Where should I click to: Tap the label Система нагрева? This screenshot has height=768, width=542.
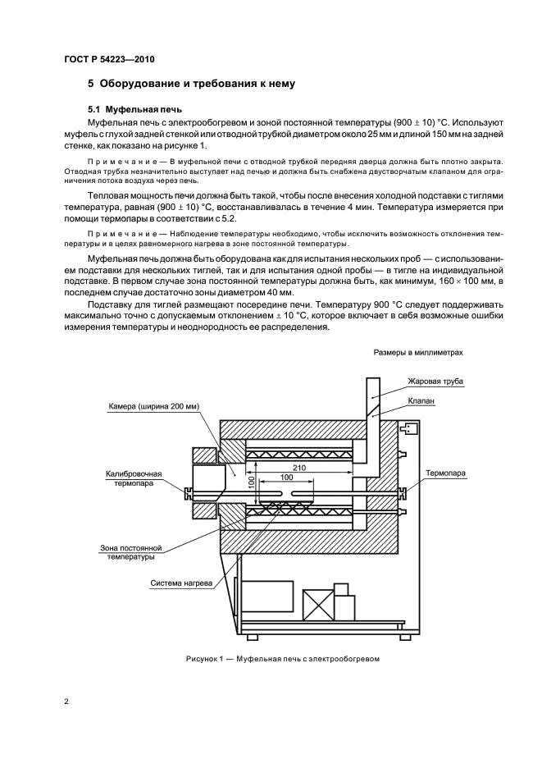point(181,584)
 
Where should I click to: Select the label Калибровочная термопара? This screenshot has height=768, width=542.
point(134,478)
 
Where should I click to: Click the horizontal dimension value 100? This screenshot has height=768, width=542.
point(286,477)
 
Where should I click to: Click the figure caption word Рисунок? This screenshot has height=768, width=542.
point(201,659)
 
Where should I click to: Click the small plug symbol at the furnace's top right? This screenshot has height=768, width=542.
point(408,427)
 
